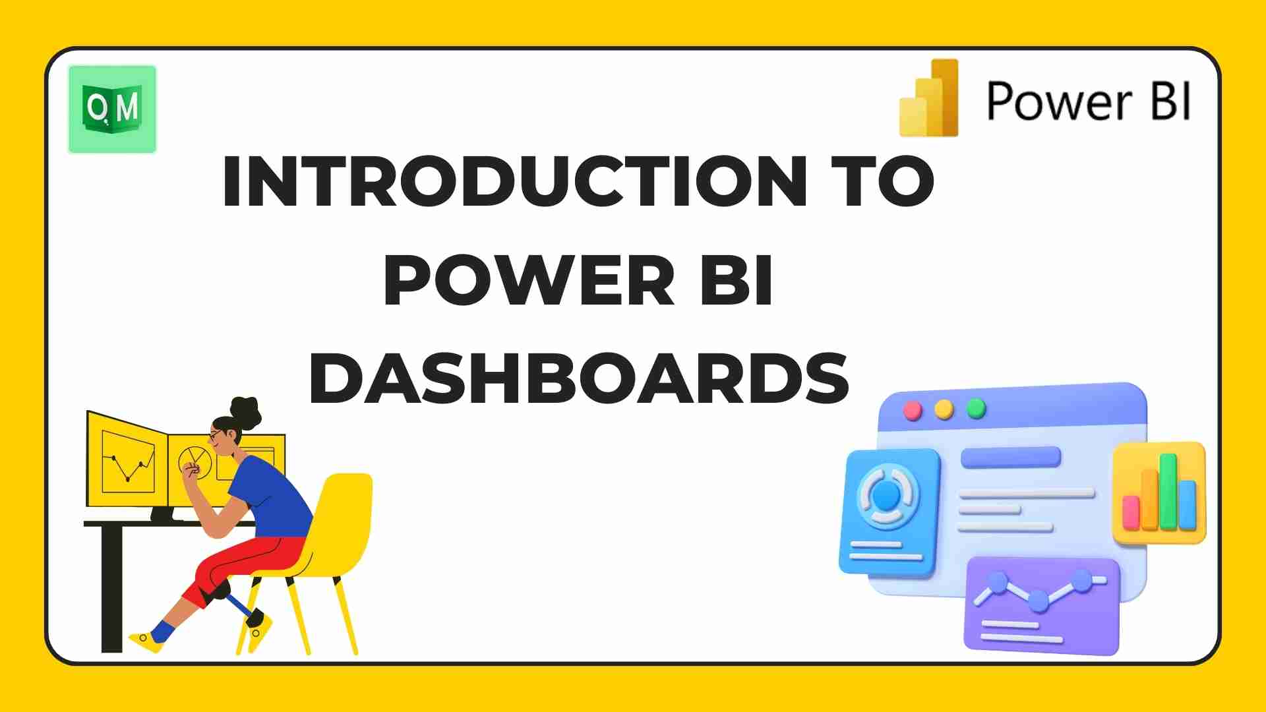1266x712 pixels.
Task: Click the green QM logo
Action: point(112,109)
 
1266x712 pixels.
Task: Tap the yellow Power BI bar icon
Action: point(929,98)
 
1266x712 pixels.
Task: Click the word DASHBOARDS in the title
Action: point(579,380)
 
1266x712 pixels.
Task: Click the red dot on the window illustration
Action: point(913,410)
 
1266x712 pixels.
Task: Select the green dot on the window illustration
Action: point(976,409)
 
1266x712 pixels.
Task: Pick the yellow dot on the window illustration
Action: point(944,409)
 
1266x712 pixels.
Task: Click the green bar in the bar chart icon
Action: point(1168,491)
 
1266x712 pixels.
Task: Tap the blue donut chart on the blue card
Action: point(887,495)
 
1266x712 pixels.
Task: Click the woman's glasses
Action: point(215,436)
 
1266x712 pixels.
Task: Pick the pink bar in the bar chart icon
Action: point(1131,512)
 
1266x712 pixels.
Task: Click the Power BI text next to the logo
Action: point(1089,102)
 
